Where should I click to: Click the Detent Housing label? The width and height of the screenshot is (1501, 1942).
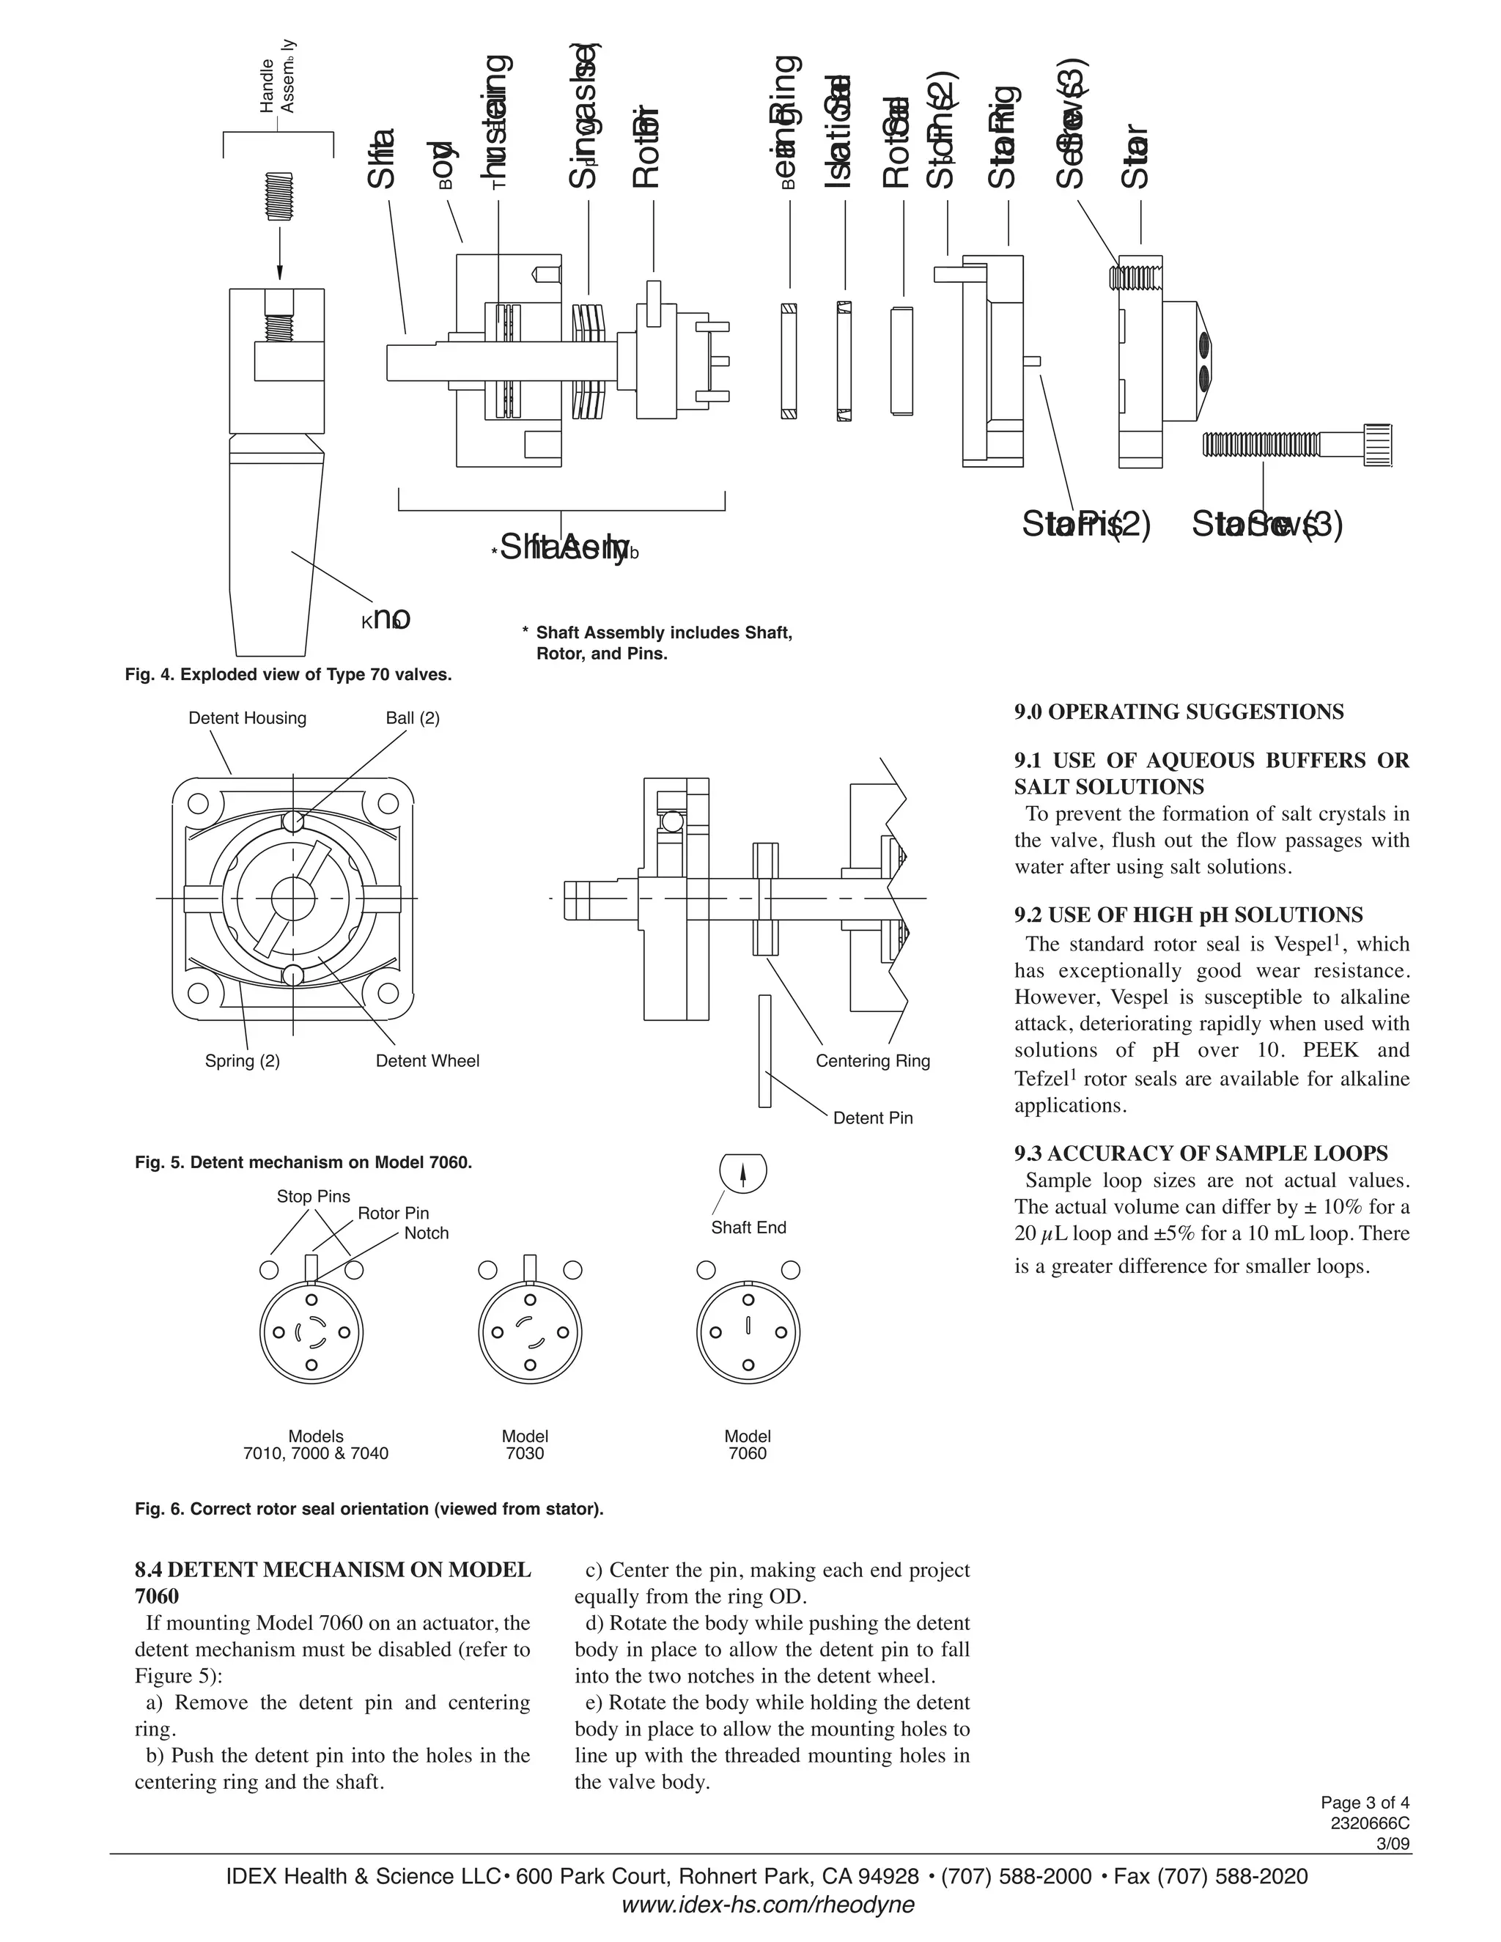coord(247,718)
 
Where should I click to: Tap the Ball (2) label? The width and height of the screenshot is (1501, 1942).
coord(413,718)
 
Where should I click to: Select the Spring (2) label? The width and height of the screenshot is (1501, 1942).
coord(242,1061)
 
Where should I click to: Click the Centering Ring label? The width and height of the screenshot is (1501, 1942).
coord(872,1061)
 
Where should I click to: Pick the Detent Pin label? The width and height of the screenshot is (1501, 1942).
coord(872,1118)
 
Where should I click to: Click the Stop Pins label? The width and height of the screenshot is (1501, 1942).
coord(313,1197)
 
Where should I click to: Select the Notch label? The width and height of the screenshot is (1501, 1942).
coord(426,1233)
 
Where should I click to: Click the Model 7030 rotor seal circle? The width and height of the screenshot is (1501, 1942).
coord(530,1333)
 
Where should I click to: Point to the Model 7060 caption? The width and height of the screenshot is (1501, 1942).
coord(747,1445)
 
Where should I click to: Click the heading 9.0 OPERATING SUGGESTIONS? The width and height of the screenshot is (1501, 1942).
coord(1179,712)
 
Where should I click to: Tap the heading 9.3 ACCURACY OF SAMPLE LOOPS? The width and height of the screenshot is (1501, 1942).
coord(1201,1153)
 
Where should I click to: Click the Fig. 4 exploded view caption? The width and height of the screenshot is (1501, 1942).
coord(288,675)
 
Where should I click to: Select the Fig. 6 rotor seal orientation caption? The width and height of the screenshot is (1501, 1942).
coord(369,1509)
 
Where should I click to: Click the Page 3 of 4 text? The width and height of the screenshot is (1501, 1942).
coord(1364,1803)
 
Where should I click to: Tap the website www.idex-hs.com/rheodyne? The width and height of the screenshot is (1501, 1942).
coord(767,1905)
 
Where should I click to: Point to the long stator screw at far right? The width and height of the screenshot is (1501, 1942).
coord(1297,443)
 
